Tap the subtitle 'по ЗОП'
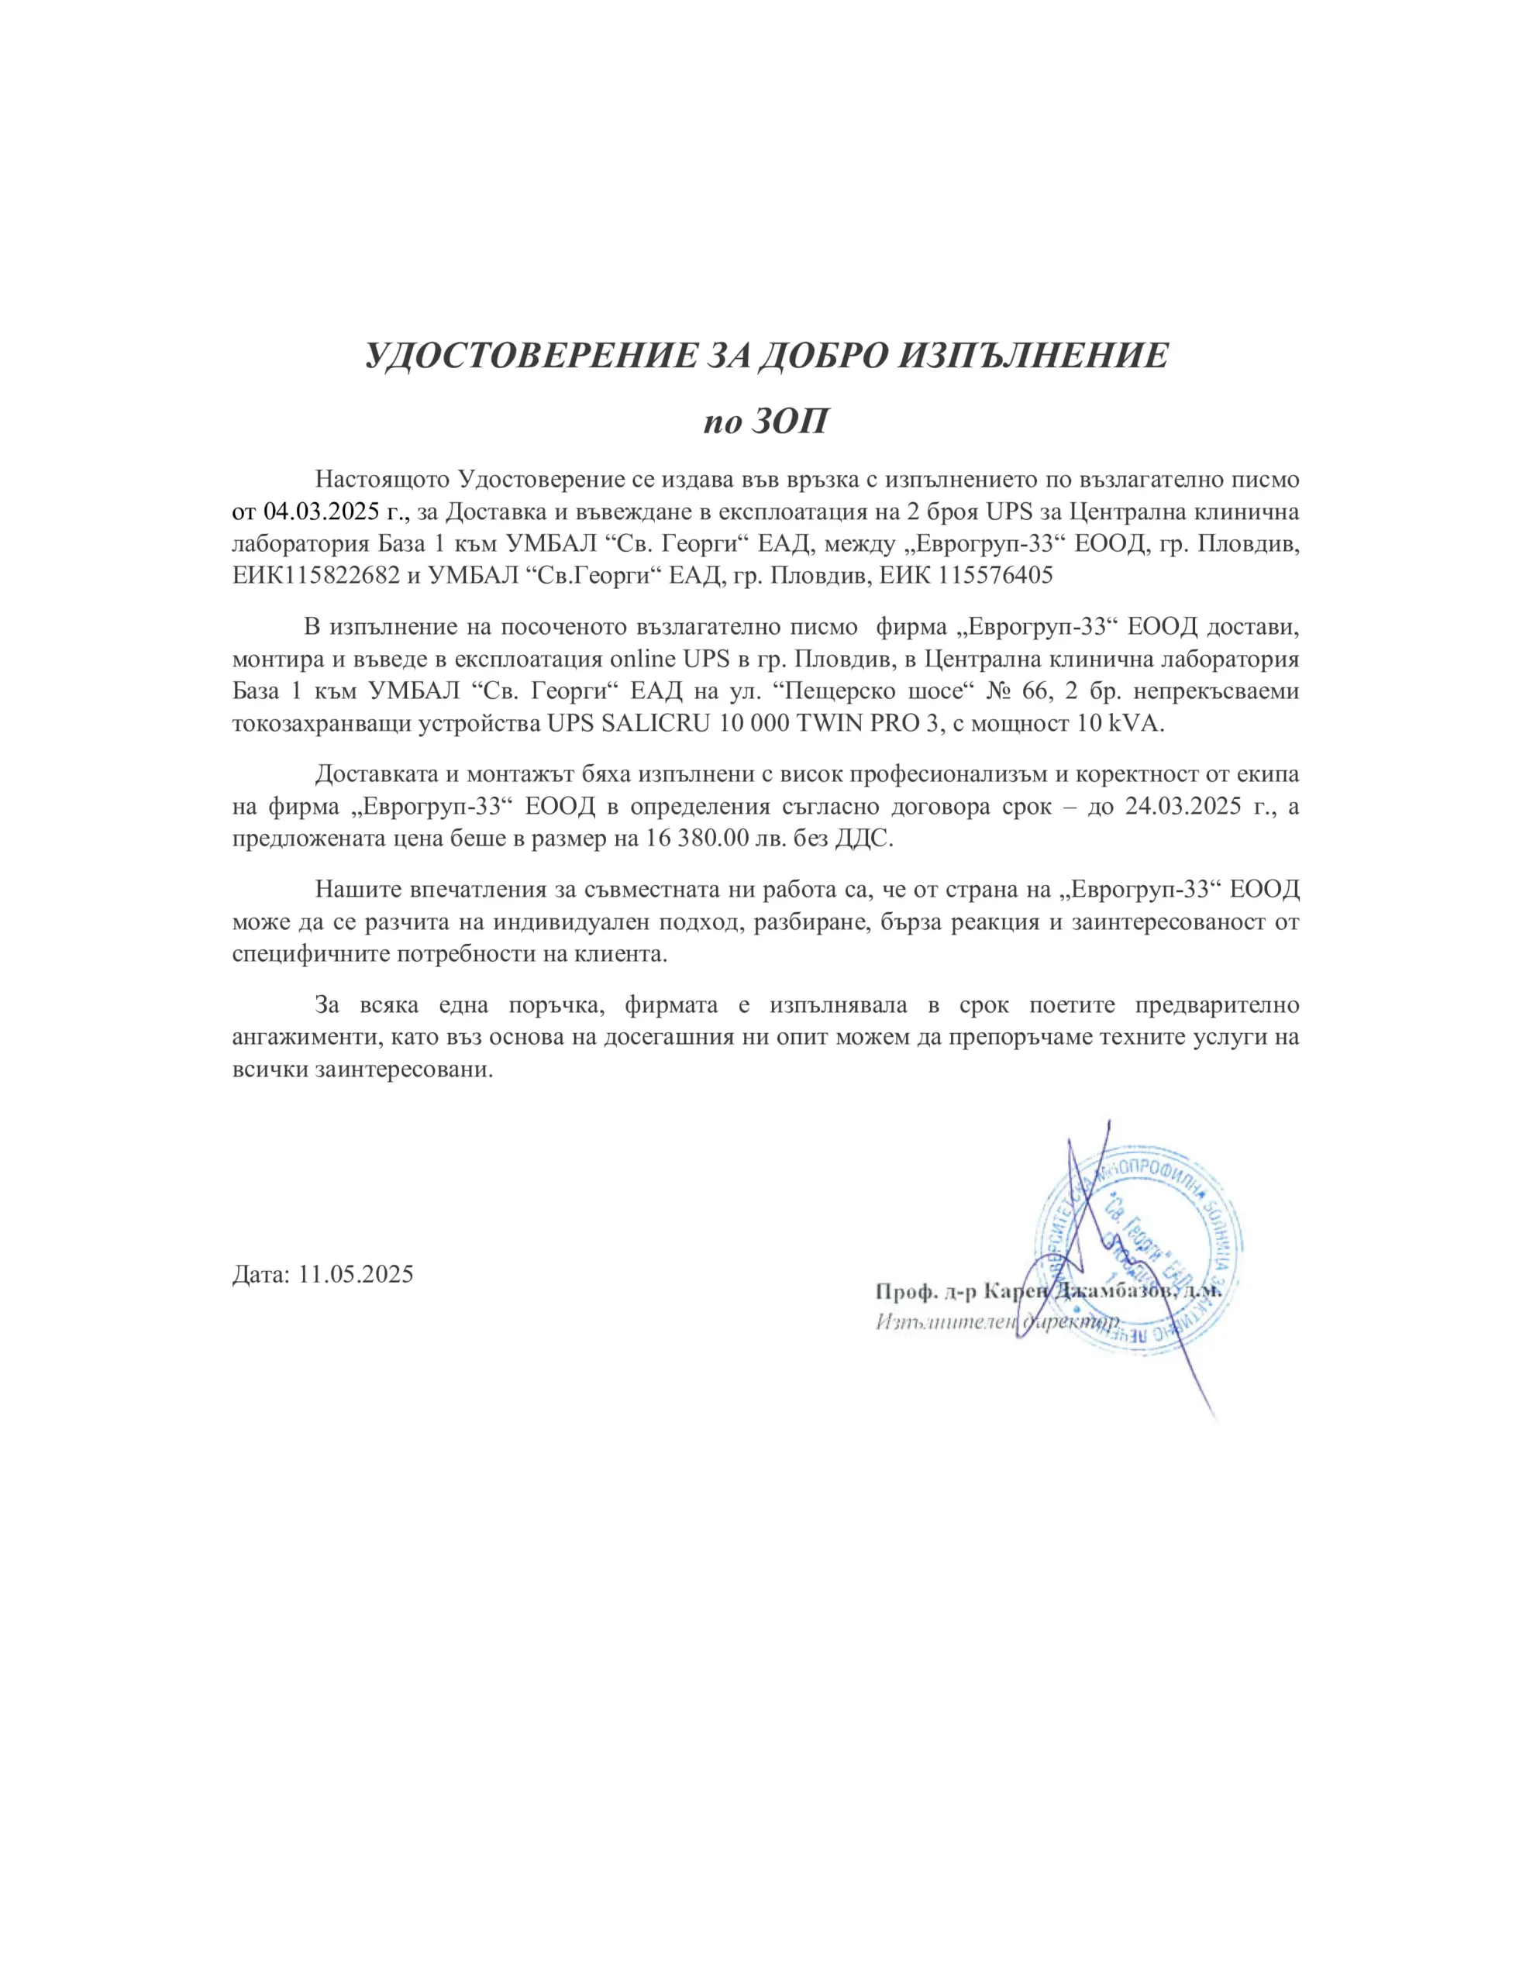(765, 422)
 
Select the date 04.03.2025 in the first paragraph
(321, 511)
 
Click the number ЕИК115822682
(315, 575)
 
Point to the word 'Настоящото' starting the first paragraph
(381, 479)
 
